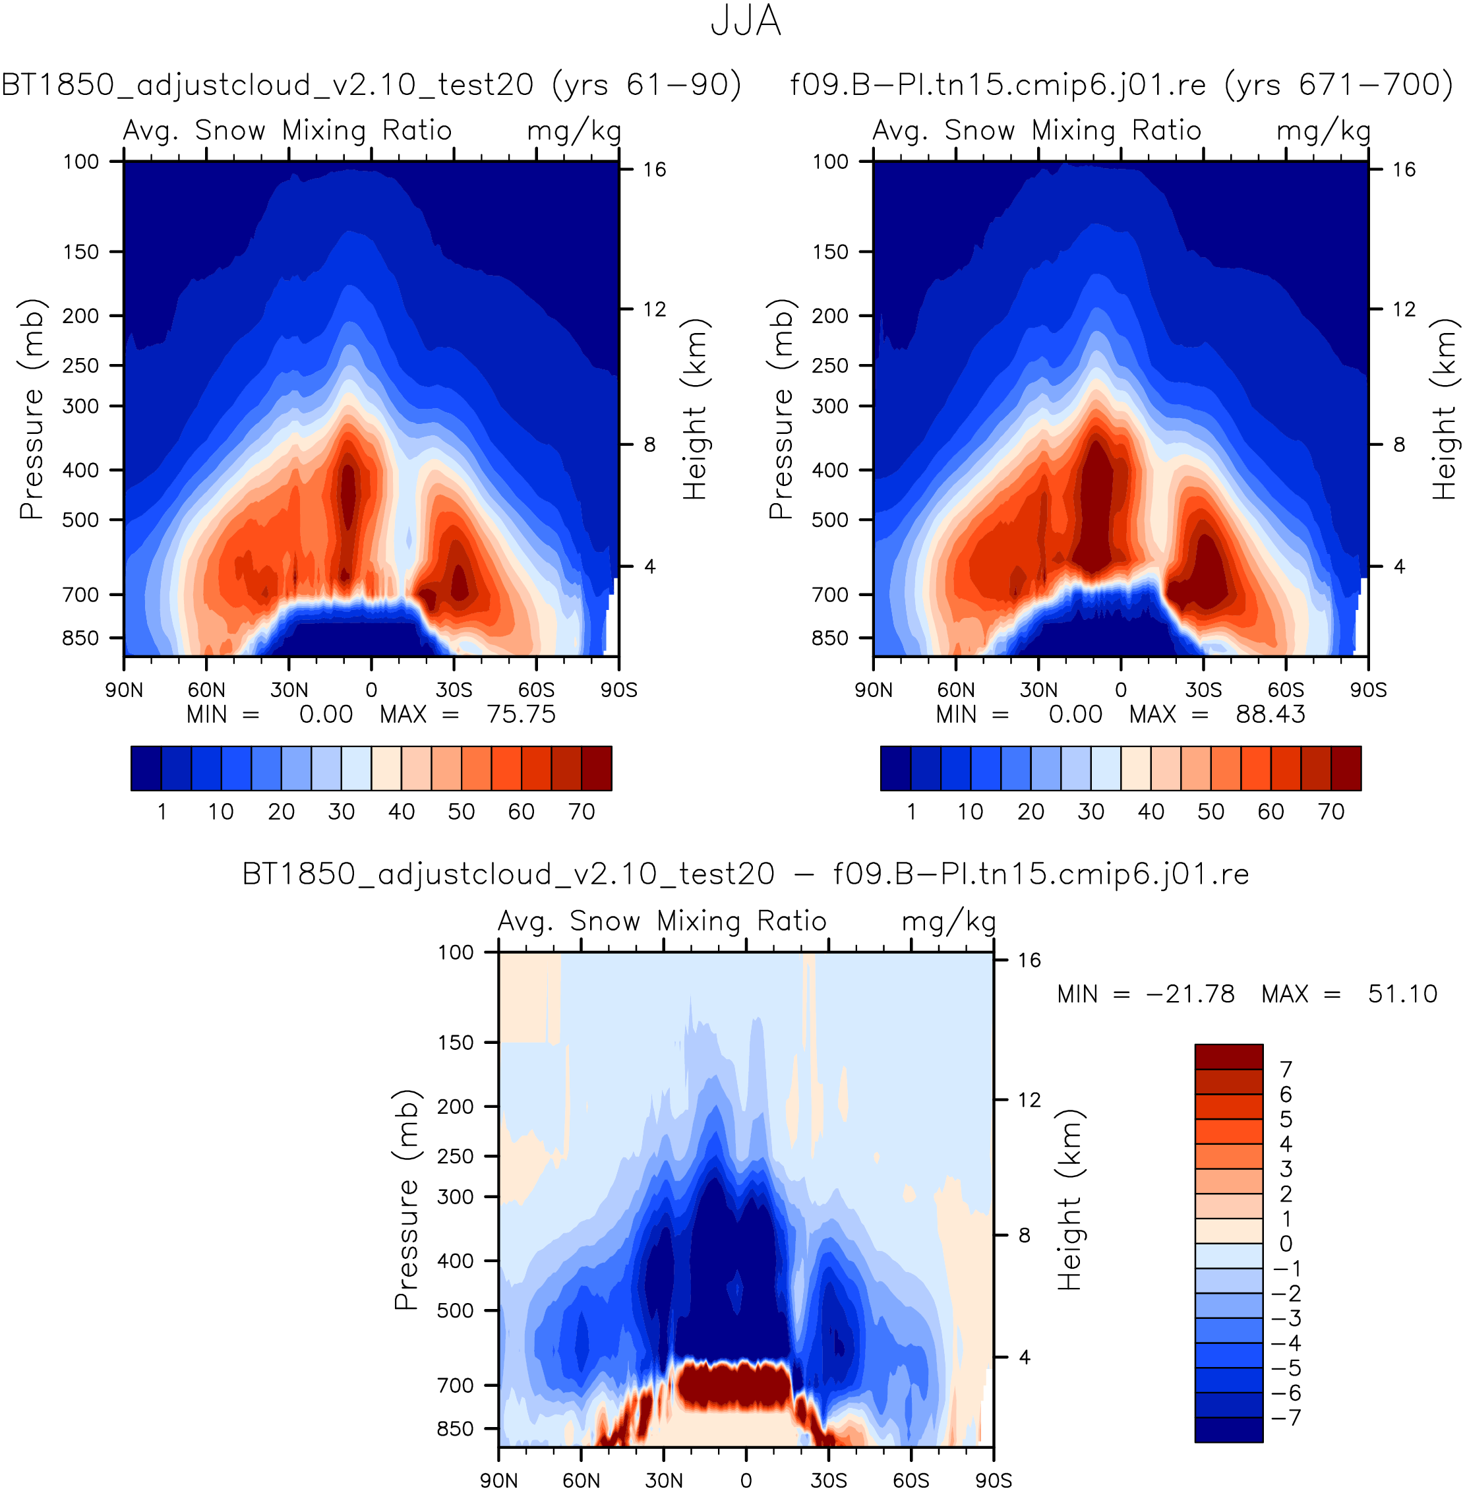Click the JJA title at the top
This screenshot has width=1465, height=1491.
click(745, 22)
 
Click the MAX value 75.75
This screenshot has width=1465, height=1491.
click(521, 714)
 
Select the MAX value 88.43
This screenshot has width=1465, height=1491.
click(1271, 714)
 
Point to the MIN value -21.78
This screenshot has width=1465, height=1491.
click(1190, 994)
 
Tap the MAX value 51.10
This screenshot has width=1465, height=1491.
click(1402, 994)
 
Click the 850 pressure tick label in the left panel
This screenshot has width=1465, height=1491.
click(81, 638)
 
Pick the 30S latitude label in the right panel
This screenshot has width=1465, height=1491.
click(1203, 690)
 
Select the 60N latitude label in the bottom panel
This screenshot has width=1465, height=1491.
click(581, 1480)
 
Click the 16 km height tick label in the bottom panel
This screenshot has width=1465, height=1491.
click(1029, 960)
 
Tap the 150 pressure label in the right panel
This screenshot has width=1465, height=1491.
click(830, 252)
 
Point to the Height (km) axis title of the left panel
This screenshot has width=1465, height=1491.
click(695, 409)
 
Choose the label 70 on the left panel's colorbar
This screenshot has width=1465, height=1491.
click(582, 811)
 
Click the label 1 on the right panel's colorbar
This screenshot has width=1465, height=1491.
click(911, 811)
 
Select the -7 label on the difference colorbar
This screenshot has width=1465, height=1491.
click(1286, 1417)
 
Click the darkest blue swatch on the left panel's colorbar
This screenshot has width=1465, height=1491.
click(146, 768)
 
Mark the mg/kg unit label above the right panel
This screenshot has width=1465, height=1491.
click(1323, 131)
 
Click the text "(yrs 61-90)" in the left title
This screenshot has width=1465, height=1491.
click(646, 84)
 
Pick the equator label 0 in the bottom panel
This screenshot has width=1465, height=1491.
click(746, 1480)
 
